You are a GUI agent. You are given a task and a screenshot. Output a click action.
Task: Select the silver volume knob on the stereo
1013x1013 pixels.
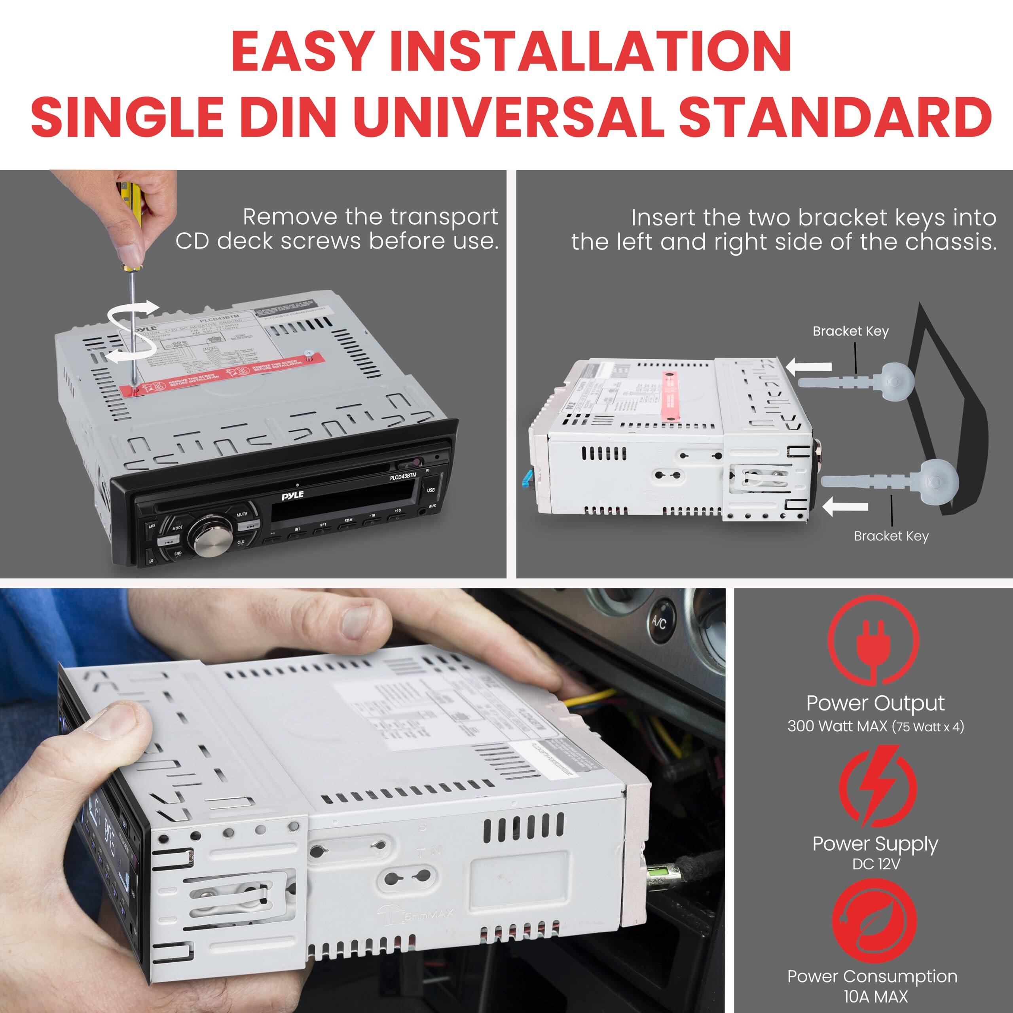click(211, 535)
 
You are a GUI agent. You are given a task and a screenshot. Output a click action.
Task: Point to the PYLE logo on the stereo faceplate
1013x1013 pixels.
click(292, 495)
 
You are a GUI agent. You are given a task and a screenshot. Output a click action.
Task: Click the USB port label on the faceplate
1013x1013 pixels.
click(431, 490)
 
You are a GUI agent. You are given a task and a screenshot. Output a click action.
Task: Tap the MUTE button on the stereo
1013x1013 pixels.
click(242, 514)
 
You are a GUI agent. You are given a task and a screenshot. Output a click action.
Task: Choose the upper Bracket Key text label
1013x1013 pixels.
click(850, 331)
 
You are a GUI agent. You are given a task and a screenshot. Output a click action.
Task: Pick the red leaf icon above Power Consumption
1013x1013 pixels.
click(874, 921)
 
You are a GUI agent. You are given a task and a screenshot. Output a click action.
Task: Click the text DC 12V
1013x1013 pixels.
click(876, 863)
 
